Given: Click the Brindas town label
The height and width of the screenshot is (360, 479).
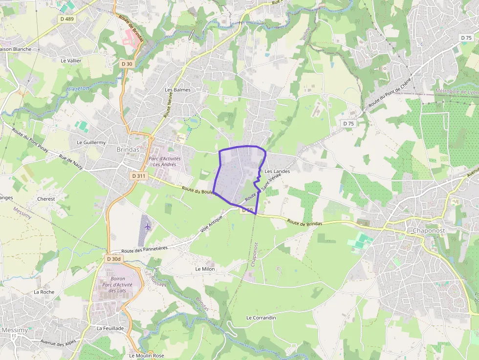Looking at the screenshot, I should coord(128,150).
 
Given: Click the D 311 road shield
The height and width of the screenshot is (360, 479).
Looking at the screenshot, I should coord(138,176).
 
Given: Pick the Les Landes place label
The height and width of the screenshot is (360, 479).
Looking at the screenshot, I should coord(277,171).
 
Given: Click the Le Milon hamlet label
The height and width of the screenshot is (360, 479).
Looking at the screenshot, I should coord(205,269).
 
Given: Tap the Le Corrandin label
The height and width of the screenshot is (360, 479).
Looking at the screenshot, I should coord(261,318).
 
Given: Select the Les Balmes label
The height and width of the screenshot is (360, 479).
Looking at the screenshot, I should coord(177,90).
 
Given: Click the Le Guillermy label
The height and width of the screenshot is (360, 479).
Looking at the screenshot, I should coord(91,142).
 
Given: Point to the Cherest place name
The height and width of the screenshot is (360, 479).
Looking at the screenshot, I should coord(46,199).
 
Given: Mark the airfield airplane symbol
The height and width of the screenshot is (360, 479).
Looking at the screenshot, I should coord(148,226).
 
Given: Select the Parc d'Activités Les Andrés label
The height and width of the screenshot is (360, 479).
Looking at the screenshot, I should coord(164,161).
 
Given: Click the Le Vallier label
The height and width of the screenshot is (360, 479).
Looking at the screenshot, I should coord(71,61).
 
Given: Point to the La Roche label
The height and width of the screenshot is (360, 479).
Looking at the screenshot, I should coord(44,292).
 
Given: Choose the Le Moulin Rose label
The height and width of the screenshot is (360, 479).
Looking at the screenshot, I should coord(146,356).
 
